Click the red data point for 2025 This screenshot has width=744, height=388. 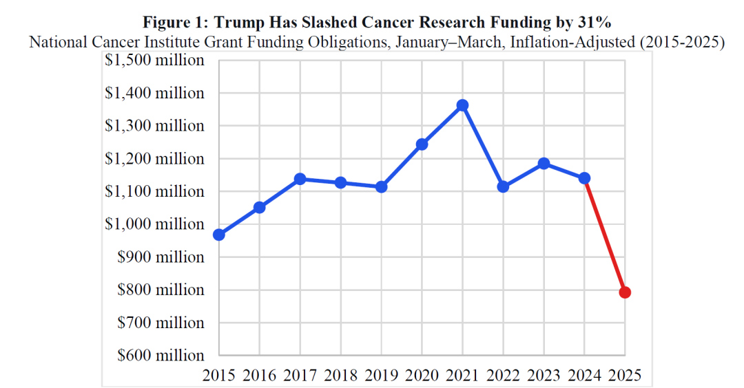[625, 292]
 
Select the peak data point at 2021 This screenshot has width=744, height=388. [462, 105]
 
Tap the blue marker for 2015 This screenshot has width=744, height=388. [219, 235]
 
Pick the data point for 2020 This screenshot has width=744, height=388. [422, 144]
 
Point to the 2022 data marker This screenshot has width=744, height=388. [503, 186]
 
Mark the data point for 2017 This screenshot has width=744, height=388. [300, 179]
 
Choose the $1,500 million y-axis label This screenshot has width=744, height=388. [154, 60]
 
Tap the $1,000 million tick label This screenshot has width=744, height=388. [154, 224]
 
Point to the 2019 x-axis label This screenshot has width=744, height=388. [382, 375]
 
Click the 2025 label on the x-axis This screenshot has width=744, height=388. [625, 375]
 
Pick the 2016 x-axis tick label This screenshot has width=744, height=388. [260, 375]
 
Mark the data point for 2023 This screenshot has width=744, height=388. [544, 164]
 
